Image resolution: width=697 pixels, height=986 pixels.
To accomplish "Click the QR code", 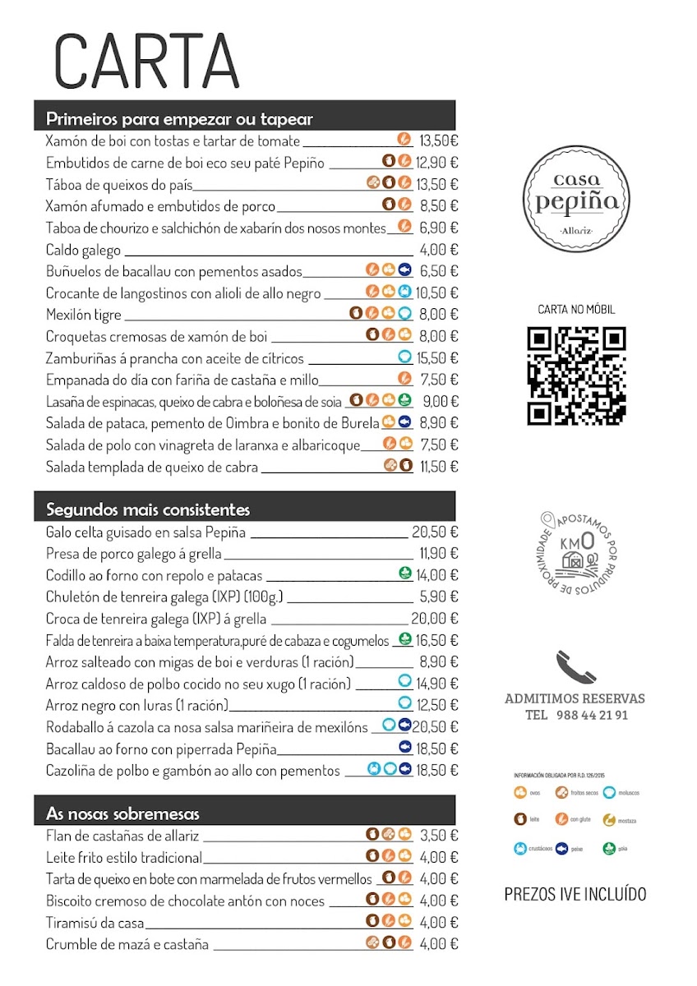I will click(576, 376).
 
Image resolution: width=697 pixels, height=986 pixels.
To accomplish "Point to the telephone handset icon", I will click(575, 666).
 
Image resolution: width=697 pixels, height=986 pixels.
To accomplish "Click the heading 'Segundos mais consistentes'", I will click(149, 510).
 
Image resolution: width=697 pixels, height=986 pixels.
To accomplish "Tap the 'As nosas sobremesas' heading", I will click(123, 814).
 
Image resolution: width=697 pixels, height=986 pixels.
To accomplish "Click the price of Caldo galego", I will click(438, 250).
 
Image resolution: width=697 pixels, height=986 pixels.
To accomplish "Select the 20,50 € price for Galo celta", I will click(435, 532).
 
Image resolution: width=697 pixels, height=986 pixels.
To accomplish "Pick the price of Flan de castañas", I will click(438, 836).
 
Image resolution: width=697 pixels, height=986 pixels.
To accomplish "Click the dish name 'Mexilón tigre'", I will click(84, 315).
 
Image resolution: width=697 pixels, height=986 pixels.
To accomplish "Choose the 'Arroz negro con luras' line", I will click(137, 705).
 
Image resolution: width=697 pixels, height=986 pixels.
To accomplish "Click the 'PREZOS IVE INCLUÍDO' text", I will click(575, 894).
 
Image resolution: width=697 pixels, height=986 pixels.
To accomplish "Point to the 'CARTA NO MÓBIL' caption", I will click(576, 310).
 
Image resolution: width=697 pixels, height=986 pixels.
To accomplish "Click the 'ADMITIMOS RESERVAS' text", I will click(575, 698).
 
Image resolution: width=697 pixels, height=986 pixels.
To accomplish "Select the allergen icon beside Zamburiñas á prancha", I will click(404, 357).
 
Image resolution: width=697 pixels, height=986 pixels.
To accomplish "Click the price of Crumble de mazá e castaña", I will click(438, 944).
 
